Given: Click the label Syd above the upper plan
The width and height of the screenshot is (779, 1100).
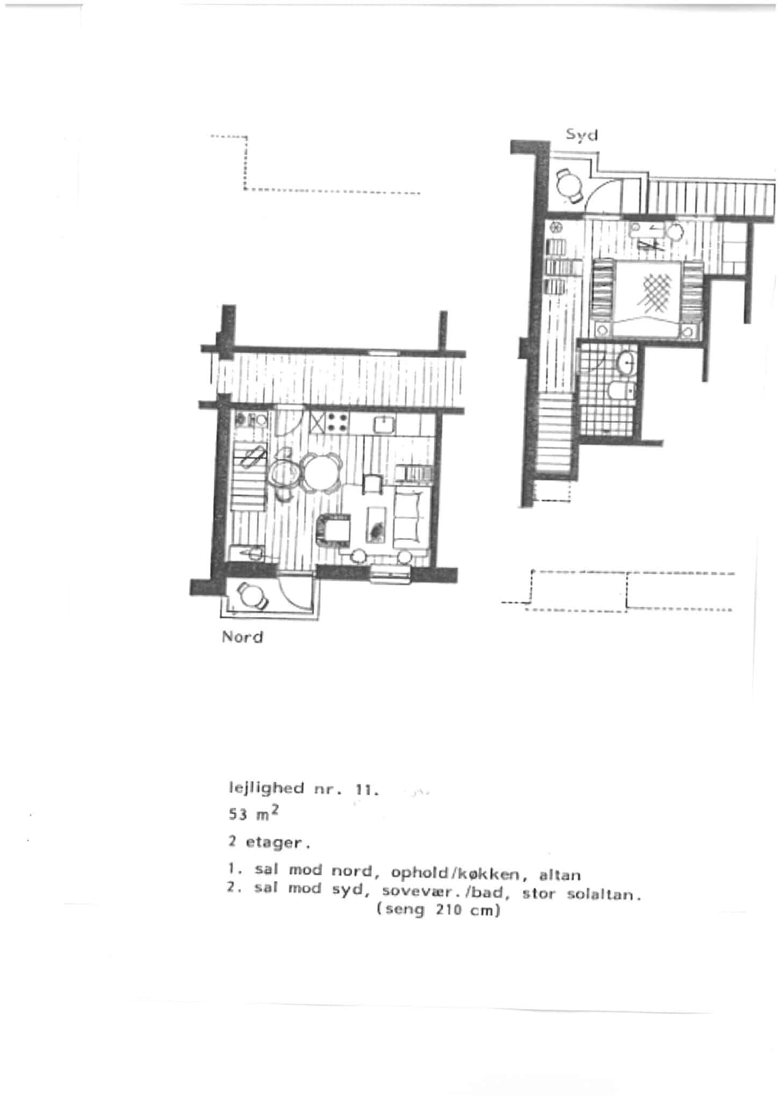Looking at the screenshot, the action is pyautogui.click(x=581, y=135).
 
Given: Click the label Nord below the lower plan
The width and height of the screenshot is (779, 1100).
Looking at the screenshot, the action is pyautogui.click(x=242, y=638).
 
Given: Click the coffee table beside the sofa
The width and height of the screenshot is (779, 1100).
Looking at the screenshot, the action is pyautogui.click(x=376, y=524).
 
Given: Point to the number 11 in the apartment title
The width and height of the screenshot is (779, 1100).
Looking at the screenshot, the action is pyautogui.click(x=365, y=790).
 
